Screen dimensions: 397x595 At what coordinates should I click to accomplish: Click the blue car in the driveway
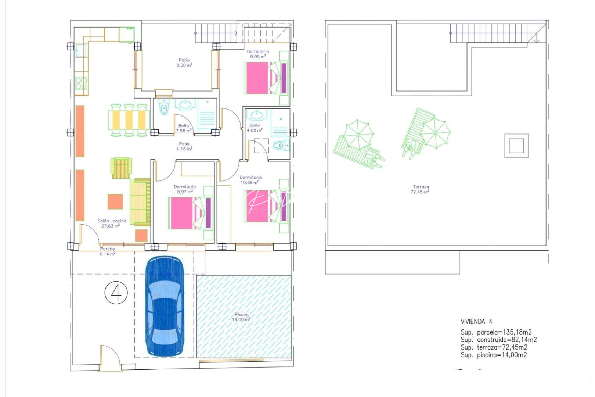[x=164, y=307]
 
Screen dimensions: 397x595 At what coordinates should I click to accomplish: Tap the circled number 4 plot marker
[x=116, y=293]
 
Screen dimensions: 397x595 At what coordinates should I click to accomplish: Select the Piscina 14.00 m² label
[x=242, y=317]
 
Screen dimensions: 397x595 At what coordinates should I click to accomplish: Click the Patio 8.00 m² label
[x=184, y=62]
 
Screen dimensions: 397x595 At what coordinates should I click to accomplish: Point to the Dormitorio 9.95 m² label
[x=258, y=54]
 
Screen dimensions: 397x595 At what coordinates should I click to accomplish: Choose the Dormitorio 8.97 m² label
[x=185, y=189]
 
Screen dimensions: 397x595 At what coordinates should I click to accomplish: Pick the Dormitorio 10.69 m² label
[x=250, y=180]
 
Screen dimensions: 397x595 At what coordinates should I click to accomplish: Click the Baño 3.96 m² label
[x=184, y=128]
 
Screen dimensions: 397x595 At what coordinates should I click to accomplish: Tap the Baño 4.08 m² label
[x=255, y=128]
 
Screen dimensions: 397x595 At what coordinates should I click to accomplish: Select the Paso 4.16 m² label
[x=184, y=146]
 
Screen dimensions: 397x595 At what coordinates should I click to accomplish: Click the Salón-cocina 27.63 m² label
[x=112, y=223]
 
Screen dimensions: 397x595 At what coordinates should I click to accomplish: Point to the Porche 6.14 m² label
[x=107, y=251]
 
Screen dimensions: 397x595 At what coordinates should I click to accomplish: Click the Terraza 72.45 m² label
[x=420, y=189]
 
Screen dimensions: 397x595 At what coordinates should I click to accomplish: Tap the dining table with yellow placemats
[x=129, y=120]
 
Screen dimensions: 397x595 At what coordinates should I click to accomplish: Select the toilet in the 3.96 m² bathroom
[x=164, y=109]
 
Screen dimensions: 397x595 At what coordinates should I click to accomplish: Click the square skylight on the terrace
[x=516, y=146]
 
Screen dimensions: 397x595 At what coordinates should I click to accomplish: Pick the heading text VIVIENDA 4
[x=476, y=322]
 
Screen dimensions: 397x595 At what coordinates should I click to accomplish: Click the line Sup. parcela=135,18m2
[x=496, y=332]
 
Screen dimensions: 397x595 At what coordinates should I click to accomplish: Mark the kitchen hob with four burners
[x=81, y=83]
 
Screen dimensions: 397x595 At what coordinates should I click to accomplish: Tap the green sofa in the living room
[x=140, y=202]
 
